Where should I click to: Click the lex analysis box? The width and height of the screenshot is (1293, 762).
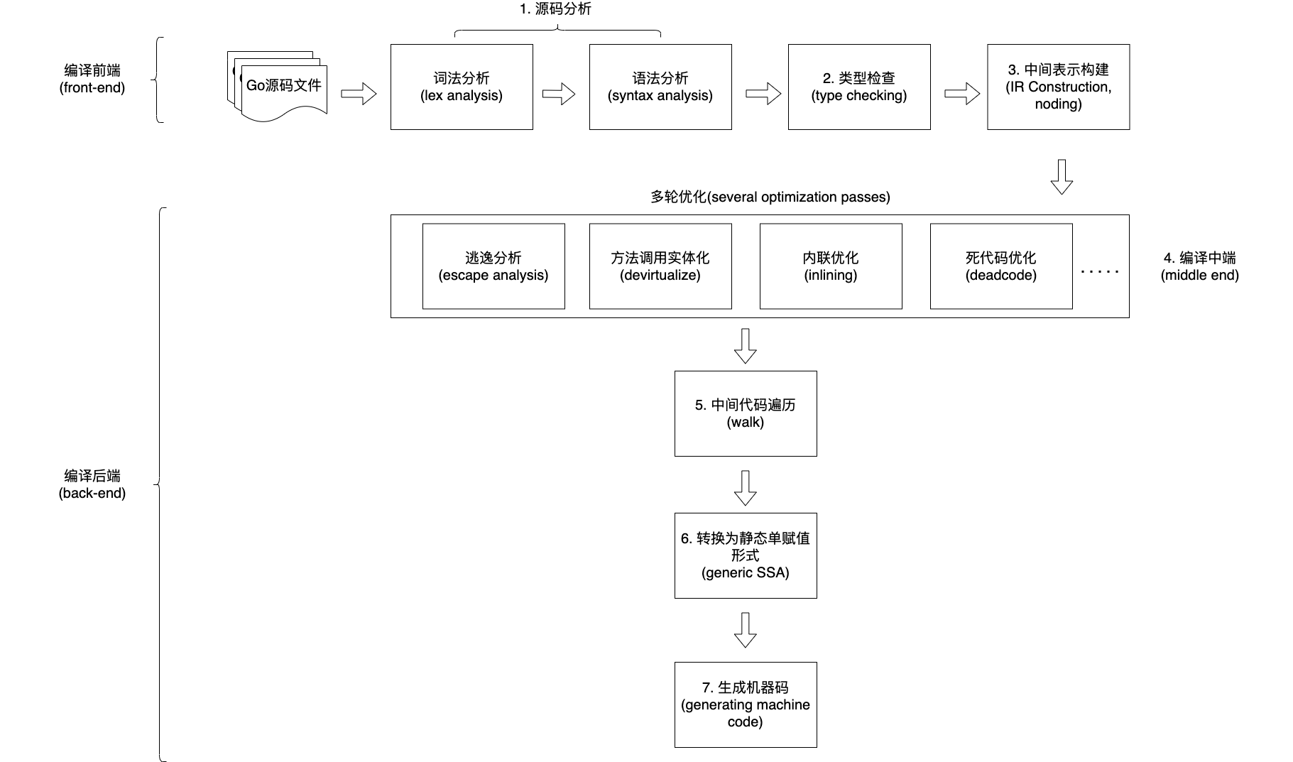tap(462, 87)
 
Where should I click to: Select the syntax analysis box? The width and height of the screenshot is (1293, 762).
tap(660, 87)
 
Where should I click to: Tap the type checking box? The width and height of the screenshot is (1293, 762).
tap(859, 87)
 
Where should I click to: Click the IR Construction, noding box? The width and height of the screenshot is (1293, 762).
tap(1058, 87)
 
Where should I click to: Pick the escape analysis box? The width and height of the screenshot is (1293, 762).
tap(493, 266)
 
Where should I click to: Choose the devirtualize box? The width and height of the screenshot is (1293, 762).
tap(660, 266)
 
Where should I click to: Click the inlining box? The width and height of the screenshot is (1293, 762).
tap(831, 266)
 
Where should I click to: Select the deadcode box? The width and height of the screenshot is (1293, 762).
tap(1001, 266)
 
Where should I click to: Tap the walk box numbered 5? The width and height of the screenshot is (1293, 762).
tap(746, 413)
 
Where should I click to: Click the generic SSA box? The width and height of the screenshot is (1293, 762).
tap(746, 555)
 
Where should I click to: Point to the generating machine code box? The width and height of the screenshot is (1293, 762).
tap(746, 704)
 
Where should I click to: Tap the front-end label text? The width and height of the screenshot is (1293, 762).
tap(92, 80)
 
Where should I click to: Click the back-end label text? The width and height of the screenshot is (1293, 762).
tap(92, 484)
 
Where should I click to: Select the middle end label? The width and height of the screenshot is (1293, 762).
tap(1199, 266)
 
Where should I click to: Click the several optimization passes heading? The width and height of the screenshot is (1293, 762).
tap(770, 197)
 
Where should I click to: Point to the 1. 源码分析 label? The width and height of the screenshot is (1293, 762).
tap(555, 9)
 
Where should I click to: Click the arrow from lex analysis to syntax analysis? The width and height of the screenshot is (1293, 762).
tap(559, 94)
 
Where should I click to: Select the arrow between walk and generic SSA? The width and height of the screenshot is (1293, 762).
tap(745, 487)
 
